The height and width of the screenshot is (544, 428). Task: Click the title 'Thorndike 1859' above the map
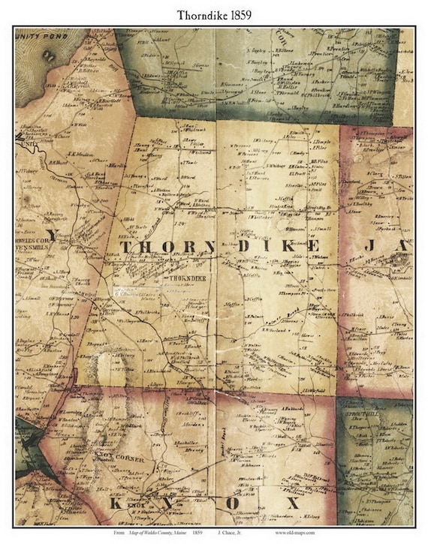point(214,14)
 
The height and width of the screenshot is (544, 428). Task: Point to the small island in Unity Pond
point(50,56)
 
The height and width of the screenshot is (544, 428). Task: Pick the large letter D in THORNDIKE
point(244,247)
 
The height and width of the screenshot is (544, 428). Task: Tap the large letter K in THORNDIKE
point(289,246)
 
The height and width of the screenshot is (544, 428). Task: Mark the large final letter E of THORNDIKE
point(314,246)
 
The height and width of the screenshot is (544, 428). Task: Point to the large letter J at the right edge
point(381,246)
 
